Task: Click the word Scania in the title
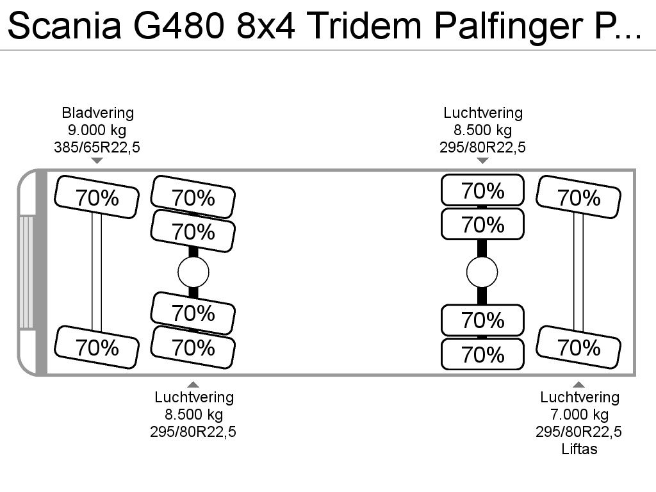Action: [65, 26]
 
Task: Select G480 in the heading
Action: [178, 26]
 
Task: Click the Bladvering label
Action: [98, 113]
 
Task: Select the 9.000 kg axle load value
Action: [97, 130]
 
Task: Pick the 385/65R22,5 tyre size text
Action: [97, 147]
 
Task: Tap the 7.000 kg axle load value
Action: [579, 414]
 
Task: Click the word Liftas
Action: [579, 449]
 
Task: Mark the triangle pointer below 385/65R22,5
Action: [97, 161]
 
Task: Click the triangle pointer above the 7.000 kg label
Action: [578, 384]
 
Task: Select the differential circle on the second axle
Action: [193, 272]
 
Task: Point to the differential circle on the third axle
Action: [482, 272]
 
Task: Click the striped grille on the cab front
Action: [26, 272]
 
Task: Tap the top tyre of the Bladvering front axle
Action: [97, 197]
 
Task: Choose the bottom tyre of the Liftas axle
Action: [578, 348]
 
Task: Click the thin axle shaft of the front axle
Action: [97, 272]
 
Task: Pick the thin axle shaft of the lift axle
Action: [578, 272]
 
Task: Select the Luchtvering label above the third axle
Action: [483, 113]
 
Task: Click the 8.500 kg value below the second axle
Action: [193, 414]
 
